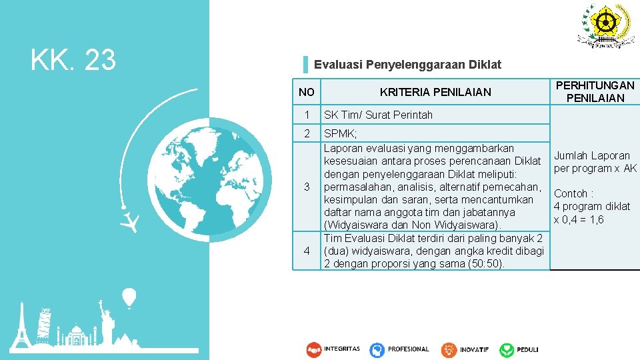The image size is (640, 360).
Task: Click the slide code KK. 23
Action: tap(73, 61)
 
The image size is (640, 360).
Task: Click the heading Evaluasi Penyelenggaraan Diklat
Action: tap(407, 65)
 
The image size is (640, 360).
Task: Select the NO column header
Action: tap(307, 92)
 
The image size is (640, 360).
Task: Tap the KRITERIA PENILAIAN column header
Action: tap(435, 92)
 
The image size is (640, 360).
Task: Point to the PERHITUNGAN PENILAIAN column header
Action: tap(595, 92)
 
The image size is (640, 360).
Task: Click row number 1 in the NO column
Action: tap(307, 115)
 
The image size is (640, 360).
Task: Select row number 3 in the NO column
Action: tap(307, 187)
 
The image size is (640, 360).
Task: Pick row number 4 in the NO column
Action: tap(307, 251)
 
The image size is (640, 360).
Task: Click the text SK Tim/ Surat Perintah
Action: tap(378, 115)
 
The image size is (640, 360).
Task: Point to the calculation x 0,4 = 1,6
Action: tap(579, 219)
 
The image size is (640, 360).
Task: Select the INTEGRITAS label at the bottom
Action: tap(342, 349)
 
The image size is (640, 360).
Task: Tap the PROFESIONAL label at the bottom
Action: tap(408, 349)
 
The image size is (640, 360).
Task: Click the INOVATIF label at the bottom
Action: tap(474, 349)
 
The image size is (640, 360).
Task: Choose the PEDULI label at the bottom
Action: tap(527, 349)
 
